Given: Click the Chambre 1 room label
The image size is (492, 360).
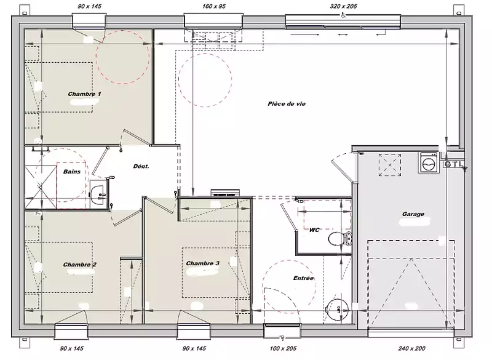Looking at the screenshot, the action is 84,94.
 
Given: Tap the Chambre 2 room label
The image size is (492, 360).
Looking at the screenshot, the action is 80,265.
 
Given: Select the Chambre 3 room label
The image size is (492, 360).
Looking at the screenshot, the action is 203,263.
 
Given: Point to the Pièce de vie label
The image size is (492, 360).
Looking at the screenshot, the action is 287,104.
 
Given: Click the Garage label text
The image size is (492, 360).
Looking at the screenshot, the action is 413,214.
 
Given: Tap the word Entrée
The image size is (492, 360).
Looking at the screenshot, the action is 303,278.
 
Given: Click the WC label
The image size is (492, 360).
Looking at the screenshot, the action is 314,230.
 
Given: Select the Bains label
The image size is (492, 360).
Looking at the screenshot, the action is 72,172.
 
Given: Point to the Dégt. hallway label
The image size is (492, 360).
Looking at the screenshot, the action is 141,166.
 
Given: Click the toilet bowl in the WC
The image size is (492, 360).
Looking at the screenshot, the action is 340,239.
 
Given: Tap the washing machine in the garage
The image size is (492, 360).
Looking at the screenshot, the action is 429,162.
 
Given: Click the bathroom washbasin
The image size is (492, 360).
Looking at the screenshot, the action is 98,194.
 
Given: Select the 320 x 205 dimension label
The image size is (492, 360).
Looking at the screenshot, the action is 343,6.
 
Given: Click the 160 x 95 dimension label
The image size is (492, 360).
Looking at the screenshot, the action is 214,6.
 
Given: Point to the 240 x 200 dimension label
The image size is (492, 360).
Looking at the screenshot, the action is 411,348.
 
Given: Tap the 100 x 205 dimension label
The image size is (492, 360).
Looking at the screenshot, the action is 283,348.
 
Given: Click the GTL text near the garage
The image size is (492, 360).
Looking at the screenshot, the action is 453,164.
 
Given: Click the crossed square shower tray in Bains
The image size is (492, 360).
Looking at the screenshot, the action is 41,187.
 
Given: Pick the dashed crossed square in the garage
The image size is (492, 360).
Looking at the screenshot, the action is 390,165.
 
